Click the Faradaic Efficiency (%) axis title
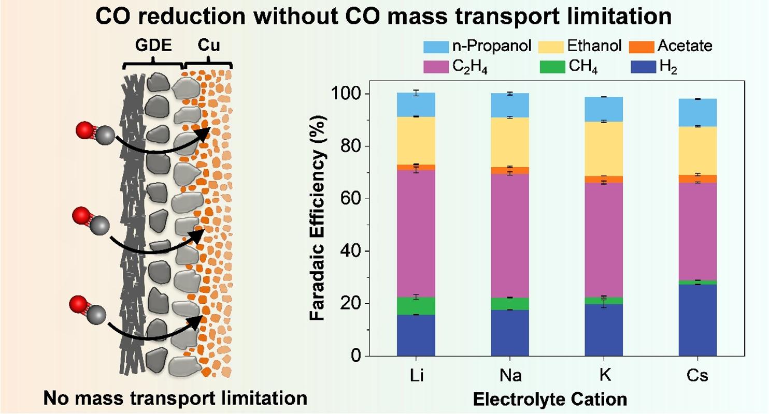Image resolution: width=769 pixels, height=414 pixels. point(318,225)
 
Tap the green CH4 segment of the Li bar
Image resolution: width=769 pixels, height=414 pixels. point(416,306)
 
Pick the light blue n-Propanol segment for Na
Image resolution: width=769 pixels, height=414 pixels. point(510,106)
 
